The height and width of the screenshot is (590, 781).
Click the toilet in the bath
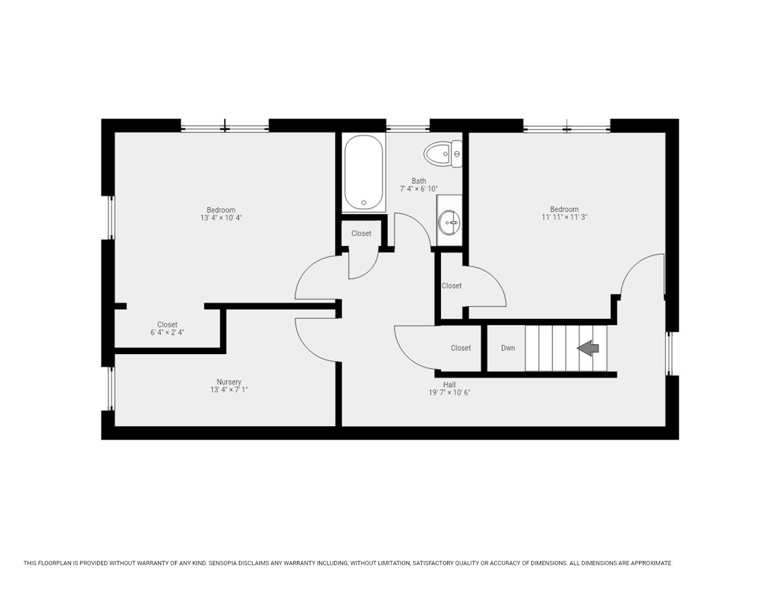[x=443, y=153]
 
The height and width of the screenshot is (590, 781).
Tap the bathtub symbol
[x=363, y=172]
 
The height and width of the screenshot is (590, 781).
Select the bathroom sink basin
[x=449, y=223]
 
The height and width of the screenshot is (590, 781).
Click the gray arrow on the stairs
[x=588, y=348]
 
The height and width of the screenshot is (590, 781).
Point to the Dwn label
[x=508, y=348]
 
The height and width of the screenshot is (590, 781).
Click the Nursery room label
[x=229, y=382]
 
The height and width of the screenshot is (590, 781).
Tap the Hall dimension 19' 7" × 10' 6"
[x=449, y=393]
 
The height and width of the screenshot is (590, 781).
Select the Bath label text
[x=419, y=181]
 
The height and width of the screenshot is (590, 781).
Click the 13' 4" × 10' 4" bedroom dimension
[x=221, y=218]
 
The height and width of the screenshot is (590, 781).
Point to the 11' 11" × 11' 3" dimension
[x=564, y=217]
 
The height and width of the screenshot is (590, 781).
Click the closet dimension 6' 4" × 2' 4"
[x=167, y=332]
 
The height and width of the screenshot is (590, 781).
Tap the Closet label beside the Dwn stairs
[x=461, y=348]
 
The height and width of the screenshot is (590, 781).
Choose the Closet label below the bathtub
[x=361, y=233]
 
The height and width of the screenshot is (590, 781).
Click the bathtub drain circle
[x=363, y=202]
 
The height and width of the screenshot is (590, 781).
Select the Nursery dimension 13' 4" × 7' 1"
[x=229, y=389]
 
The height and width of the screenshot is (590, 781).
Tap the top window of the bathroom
[x=408, y=128]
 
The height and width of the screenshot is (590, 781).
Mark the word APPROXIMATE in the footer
[x=651, y=563]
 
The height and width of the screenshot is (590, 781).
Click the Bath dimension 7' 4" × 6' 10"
[x=419, y=189]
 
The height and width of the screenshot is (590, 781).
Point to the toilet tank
[x=457, y=153]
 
